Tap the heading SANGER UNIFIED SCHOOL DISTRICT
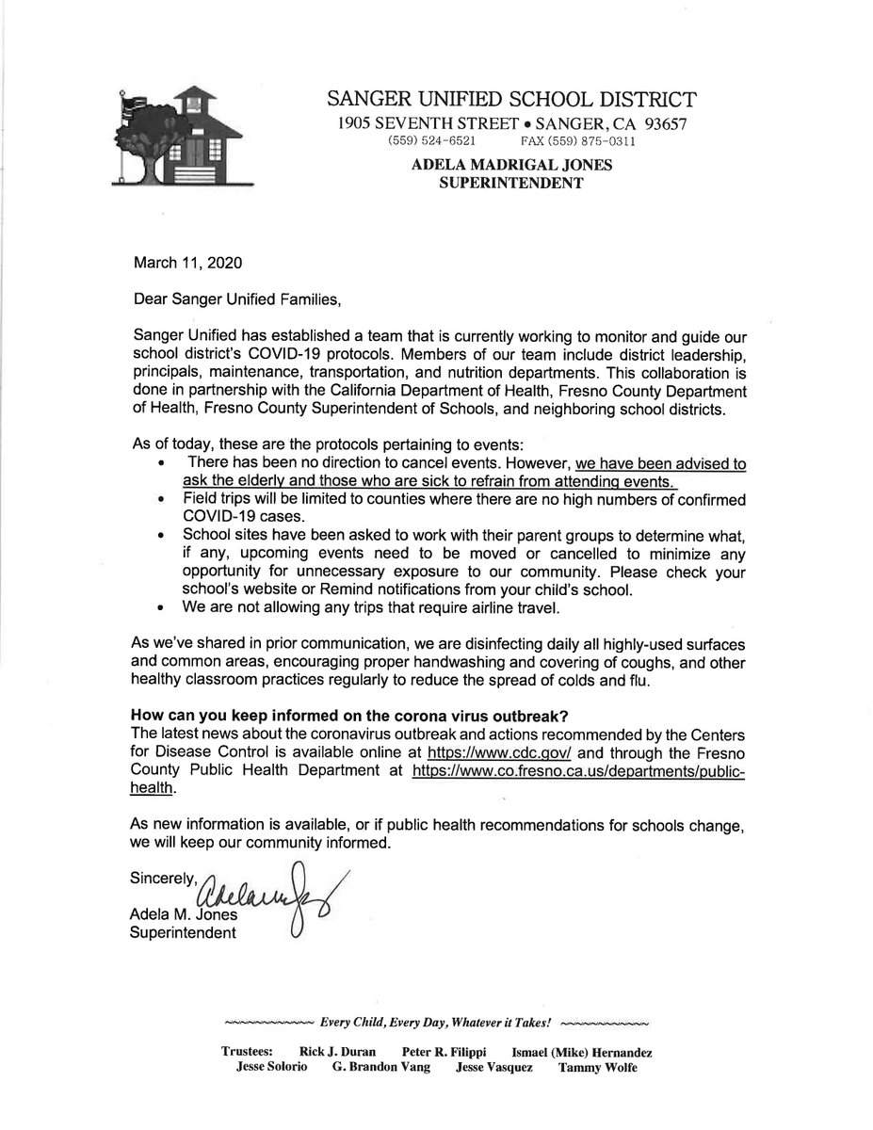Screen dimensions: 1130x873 point(512,99)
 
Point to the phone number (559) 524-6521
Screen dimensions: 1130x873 point(425,142)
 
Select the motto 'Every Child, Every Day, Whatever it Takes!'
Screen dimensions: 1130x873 point(436,1023)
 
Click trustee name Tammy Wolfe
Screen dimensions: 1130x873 point(597,1068)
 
